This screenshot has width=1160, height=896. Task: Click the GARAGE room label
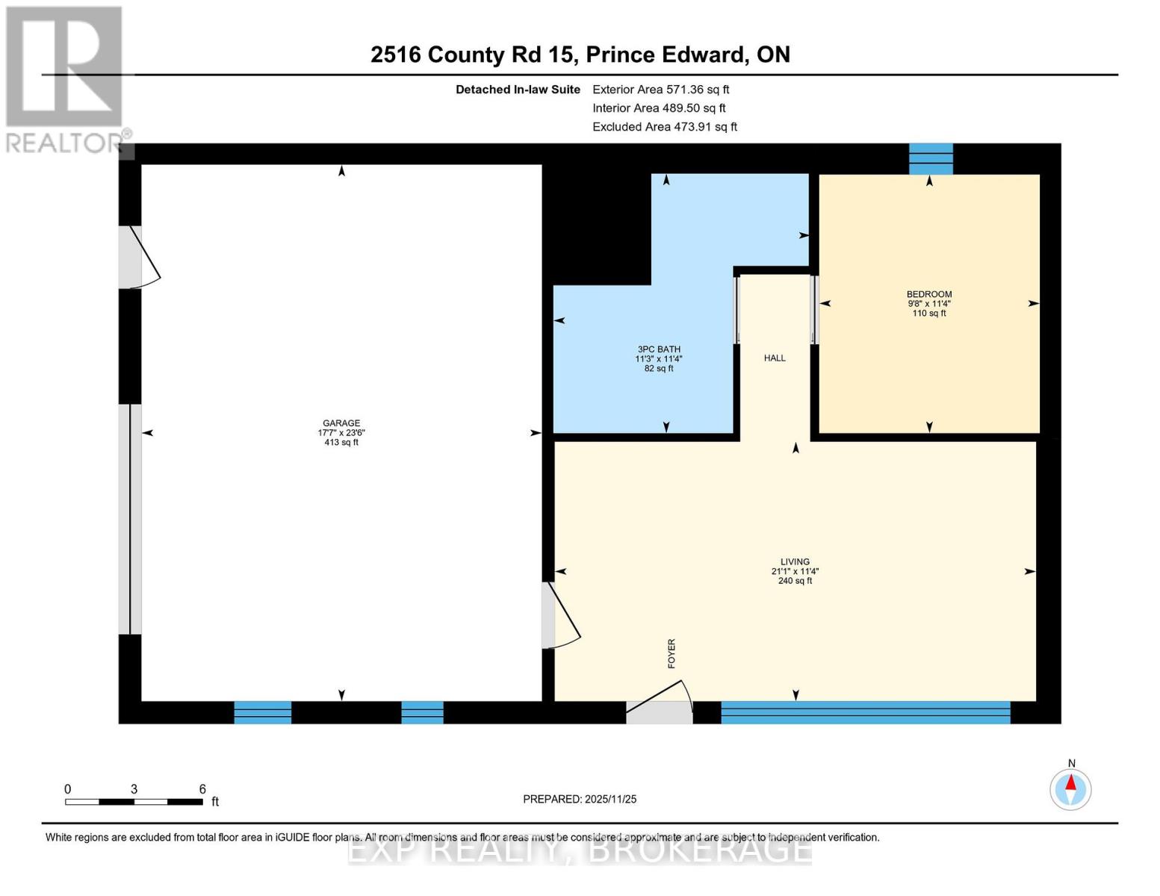click(x=341, y=423)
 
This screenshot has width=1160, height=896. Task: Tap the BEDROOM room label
click(x=929, y=294)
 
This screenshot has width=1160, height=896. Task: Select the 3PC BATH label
click(x=659, y=349)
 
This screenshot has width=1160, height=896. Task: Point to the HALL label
click(x=775, y=358)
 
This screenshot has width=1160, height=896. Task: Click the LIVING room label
click(x=795, y=562)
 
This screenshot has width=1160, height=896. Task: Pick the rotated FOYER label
click(x=672, y=653)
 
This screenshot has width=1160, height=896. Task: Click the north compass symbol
click(x=1070, y=788)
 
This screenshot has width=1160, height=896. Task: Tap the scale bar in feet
click(x=134, y=802)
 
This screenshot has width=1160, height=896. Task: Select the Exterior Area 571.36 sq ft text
click(x=660, y=90)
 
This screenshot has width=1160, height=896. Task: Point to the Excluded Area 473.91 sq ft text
click(x=665, y=127)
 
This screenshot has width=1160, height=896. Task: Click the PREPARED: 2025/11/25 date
click(x=580, y=800)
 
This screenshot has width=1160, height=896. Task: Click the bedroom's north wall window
click(x=931, y=158)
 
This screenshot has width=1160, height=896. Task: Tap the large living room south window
click(x=865, y=712)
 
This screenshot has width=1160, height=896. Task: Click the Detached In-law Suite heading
click(x=518, y=90)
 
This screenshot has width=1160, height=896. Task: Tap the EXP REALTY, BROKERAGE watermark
click(x=580, y=850)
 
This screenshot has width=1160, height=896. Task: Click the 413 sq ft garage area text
click(x=341, y=443)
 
